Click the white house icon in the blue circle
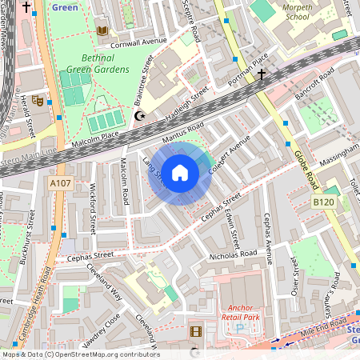pyautogui.click(x=180, y=173)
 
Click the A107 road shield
pyautogui.click(x=58, y=184)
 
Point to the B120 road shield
pyautogui.click(x=322, y=202)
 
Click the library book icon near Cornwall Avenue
pyautogui.click(x=102, y=30)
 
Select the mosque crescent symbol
pyautogui.click(x=141, y=116)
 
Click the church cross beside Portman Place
pyautogui.click(x=261, y=74)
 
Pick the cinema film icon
pyautogui.click(x=196, y=331)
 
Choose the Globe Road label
pyautogui.click(x=306, y=168)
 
